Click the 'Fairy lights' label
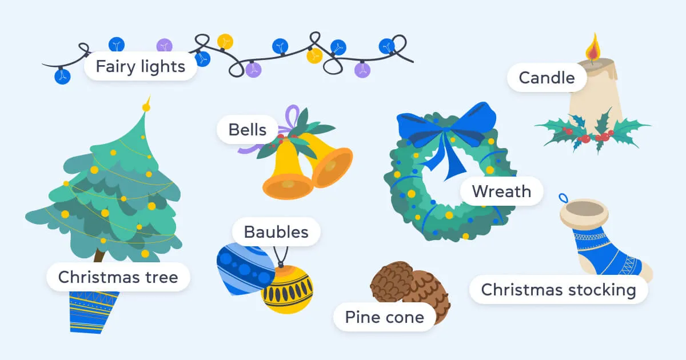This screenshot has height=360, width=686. pos(140,67)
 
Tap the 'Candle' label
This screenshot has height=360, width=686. pos(547,78)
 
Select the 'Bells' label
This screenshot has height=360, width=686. pos(247,130)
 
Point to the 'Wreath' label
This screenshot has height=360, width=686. pos(501,191)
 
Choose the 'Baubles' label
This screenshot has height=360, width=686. pos(276,232)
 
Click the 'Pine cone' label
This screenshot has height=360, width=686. pos(384,317)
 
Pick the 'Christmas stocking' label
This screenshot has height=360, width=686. pos(558,290)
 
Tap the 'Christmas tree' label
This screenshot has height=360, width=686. pos(118,278)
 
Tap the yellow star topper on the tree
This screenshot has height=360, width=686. pos(146,106)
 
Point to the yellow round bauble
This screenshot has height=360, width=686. pos(288,290)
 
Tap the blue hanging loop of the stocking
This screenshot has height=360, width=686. pos(563,198)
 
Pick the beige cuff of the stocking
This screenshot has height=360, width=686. pos(583,212)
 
